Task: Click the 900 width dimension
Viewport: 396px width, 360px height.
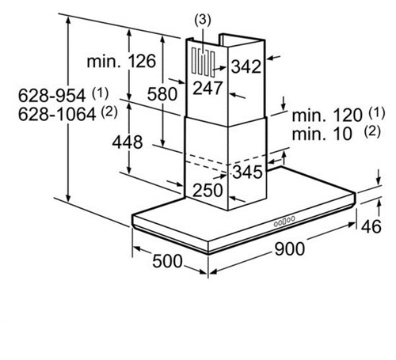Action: point(290,249)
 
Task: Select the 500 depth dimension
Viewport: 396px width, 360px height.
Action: point(167,261)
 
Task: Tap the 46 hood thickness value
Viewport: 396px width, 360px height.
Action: point(371,226)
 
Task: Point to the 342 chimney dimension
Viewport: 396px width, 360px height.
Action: point(246,66)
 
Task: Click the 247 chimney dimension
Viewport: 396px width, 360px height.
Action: point(208,88)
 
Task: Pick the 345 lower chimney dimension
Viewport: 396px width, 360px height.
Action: point(248,172)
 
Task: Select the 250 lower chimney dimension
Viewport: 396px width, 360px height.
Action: point(208,190)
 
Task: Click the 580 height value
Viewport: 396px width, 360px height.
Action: point(162,94)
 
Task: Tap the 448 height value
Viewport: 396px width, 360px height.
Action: point(128,142)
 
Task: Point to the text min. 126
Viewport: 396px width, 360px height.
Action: point(121,61)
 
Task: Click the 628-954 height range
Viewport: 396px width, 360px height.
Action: point(52,95)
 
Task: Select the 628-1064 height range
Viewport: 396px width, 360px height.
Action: point(57,115)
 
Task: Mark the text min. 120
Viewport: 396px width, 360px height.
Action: point(327,115)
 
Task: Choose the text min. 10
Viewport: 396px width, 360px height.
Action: point(322,134)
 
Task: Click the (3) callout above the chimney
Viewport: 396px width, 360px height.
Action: point(203,21)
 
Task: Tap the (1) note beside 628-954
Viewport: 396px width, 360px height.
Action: point(101,93)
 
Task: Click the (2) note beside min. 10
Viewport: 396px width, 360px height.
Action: point(372,131)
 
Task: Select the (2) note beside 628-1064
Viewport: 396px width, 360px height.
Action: point(109,112)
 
